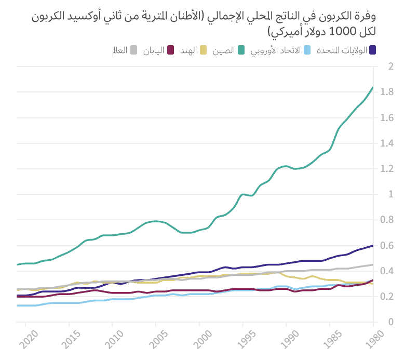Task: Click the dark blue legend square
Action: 372,50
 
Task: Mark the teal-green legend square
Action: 242,50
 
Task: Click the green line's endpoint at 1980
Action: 373,87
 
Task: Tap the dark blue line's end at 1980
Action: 373,245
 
